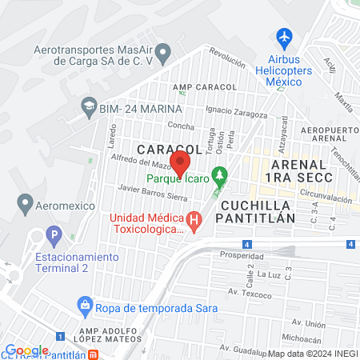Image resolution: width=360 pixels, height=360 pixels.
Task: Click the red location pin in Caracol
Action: [180, 162]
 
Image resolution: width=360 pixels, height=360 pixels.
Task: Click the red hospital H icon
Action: [194, 218]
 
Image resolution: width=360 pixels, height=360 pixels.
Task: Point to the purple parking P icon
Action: [54, 237]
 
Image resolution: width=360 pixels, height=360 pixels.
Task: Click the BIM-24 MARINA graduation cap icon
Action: [87, 106]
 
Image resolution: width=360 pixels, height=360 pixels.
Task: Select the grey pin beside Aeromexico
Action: [24, 204]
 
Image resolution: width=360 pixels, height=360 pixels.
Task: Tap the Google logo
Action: [26, 350]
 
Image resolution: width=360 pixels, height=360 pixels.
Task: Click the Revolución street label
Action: [226, 58]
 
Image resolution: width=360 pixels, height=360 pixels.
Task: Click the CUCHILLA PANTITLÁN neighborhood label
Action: [255, 210]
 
